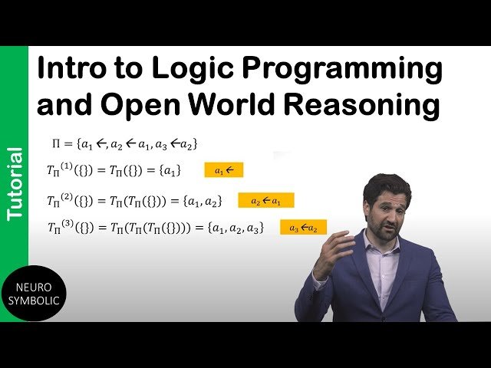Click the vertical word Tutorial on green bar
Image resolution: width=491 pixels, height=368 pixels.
(14, 184)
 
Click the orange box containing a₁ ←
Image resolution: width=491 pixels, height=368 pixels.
(223, 170)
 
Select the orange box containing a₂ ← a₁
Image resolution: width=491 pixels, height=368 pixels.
(266, 201)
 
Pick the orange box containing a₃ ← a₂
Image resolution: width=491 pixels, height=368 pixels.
(303, 228)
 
